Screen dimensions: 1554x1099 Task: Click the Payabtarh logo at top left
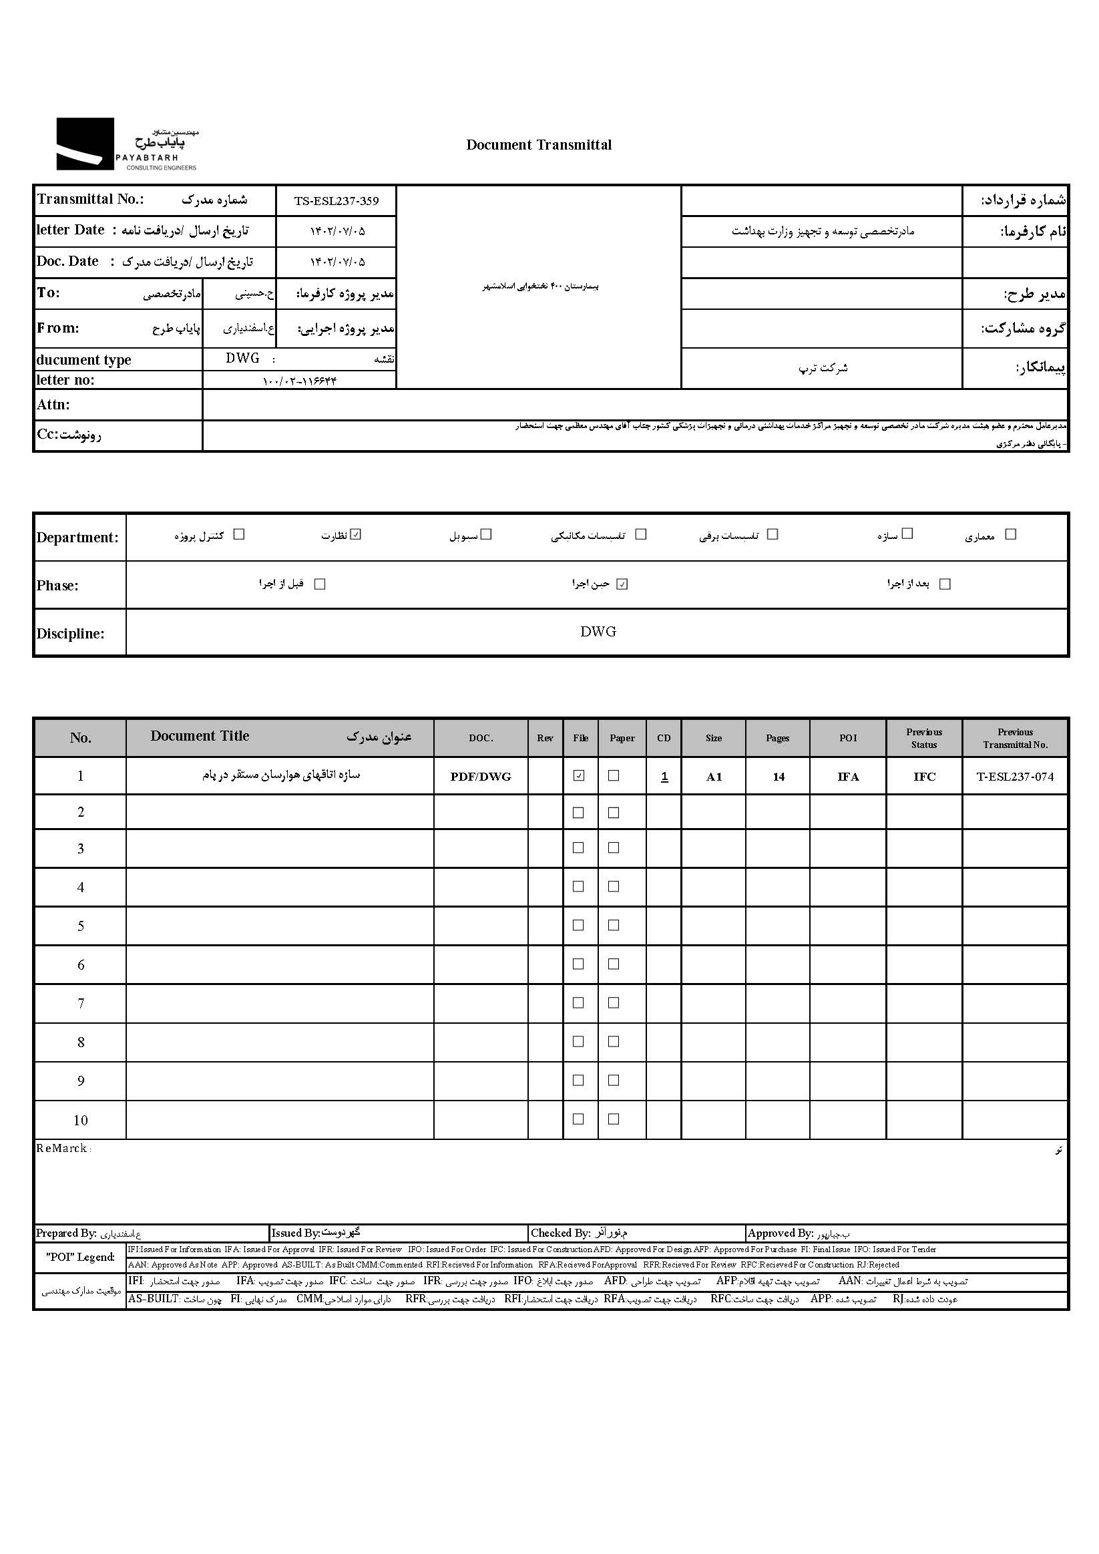pos(127,144)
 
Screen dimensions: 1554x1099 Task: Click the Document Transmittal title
pos(539,145)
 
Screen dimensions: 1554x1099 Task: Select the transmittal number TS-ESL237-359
pos(337,201)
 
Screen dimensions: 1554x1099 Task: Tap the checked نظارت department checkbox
pos(357,535)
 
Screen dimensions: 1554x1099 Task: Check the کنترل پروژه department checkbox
pos(239,535)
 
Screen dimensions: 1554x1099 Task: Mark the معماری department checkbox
pos(1010,535)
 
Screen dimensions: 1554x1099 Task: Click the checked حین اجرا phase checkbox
pos(622,584)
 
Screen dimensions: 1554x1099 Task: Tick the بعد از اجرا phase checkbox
pos(945,584)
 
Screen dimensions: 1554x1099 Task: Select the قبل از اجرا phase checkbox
pos(320,584)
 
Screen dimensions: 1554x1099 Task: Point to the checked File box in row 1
pos(579,776)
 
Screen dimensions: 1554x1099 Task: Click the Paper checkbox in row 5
pos(614,925)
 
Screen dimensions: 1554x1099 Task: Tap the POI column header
pos(848,738)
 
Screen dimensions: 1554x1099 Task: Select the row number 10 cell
pos(81,1120)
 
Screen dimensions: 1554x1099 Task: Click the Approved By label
pos(781,1233)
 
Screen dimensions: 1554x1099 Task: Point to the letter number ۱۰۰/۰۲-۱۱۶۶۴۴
pos(299,381)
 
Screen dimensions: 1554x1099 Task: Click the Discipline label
pos(70,634)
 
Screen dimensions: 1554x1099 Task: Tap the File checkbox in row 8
pos(579,1042)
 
